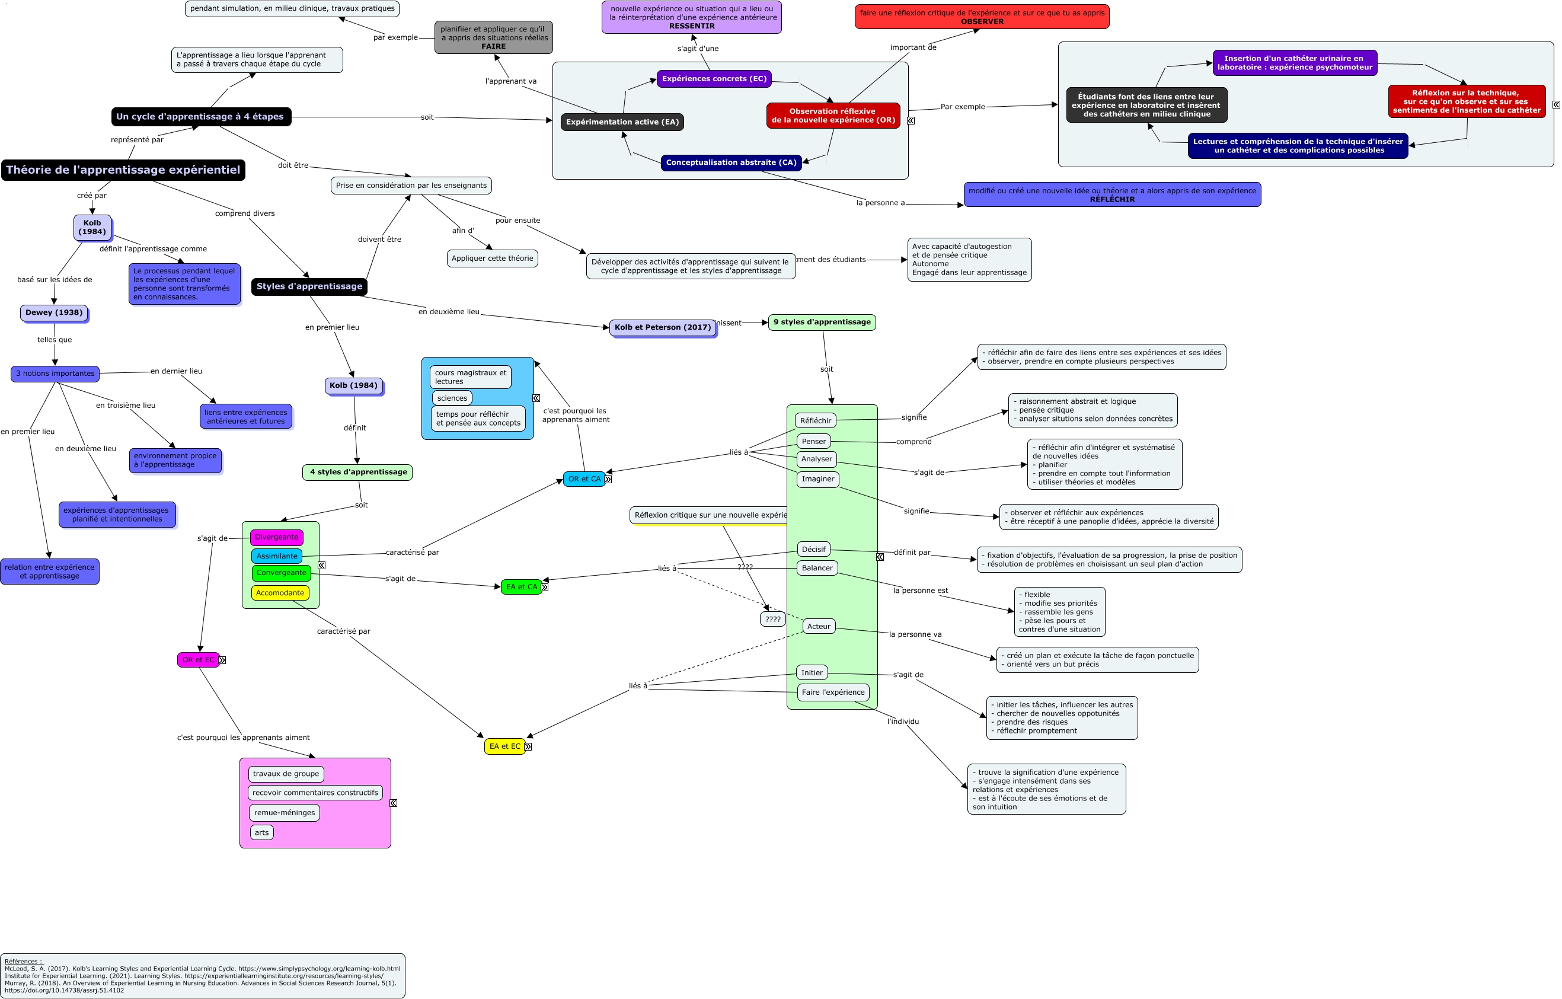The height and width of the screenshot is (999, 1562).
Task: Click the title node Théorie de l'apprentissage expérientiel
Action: coord(123,170)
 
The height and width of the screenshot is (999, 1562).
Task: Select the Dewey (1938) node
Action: coord(54,312)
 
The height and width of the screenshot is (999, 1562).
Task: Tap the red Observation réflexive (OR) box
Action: coord(833,116)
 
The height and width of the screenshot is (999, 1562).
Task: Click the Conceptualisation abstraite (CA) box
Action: coord(731,163)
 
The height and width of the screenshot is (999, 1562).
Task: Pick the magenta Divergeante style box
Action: coord(276,537)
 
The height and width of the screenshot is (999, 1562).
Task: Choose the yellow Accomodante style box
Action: coord(280,593)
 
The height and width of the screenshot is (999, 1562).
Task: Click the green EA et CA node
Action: coord(522,587)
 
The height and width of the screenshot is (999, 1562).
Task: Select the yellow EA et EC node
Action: coord(504,746)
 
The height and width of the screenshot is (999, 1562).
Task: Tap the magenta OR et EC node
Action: coord(198,660)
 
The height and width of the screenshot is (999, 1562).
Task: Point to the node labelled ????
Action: coord(772,620)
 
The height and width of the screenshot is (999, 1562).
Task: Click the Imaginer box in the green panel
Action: coord(817,480)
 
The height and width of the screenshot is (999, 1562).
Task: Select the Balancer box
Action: coord(817,568)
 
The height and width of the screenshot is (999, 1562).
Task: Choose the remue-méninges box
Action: coord(284,813)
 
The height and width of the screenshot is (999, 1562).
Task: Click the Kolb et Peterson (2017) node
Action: coord(662,328)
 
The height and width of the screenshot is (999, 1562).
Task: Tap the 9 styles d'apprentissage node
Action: coord(821,323)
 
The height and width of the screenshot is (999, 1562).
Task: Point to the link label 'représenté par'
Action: coord(137,140)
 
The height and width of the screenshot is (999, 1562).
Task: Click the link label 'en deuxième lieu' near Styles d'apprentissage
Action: coord(449,312)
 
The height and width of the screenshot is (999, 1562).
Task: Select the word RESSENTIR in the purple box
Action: coord(691,27)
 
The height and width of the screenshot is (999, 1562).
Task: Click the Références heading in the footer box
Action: coord(23,962)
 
